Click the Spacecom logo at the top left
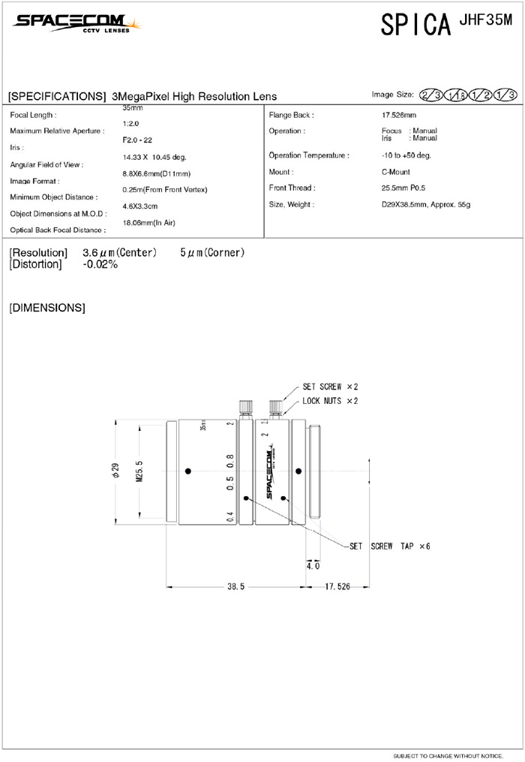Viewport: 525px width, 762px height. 76,23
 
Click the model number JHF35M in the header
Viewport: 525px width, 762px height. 485,20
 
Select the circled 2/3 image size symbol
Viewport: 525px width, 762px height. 430,95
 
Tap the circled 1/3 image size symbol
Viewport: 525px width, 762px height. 505,95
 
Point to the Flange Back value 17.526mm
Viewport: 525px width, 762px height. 399,115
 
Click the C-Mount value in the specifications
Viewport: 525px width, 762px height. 396,172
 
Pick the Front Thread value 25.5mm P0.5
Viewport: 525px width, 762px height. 403,188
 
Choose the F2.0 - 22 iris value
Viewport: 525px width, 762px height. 137,140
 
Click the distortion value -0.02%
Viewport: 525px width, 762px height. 100,264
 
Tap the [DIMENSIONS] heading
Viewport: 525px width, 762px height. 47,308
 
